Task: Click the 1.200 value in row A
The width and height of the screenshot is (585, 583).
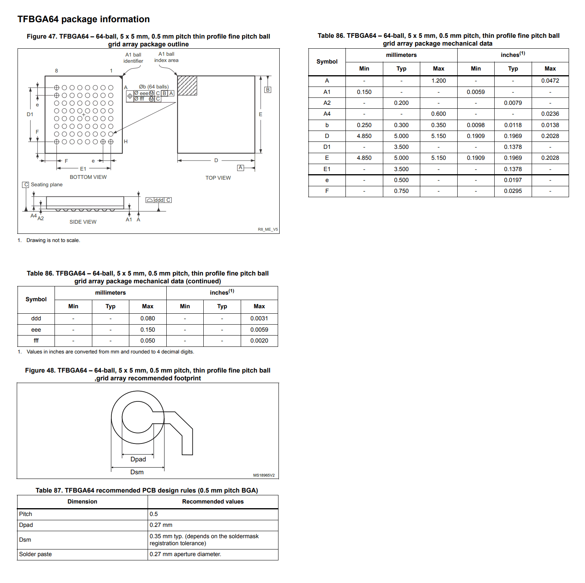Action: coord(438,81)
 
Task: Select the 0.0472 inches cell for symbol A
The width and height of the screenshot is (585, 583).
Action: coord(550,81)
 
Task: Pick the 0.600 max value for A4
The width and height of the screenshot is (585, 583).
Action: coord(438,114)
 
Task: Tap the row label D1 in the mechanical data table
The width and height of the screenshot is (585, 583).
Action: coord(327,147)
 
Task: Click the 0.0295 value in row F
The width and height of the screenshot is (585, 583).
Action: coord(513,191)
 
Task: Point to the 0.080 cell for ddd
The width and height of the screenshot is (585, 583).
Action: coord(148,318)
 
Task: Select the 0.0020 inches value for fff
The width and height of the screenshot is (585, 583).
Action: coord(259,341)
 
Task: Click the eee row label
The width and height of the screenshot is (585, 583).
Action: coord(36,330)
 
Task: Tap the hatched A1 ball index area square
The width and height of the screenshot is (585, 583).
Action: coord(187,86)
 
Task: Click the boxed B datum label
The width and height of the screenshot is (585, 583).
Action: coord(268,90)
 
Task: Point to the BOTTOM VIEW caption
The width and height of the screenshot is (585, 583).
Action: coord(88,177)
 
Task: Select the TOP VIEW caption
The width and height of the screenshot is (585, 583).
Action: coord(218,178)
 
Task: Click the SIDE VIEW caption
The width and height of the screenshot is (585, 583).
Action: coord(83,222)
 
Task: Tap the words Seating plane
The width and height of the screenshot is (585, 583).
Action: coord(47,185)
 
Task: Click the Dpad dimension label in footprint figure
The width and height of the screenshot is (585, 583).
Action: coord(138,459)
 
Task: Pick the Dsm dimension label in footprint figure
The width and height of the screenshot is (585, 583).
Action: coord(137,472)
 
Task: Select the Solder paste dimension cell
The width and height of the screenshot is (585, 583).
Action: coord(35,554)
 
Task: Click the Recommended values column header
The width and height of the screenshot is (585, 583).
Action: coord(213,502)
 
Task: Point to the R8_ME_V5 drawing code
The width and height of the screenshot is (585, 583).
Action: coord(268,230)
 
